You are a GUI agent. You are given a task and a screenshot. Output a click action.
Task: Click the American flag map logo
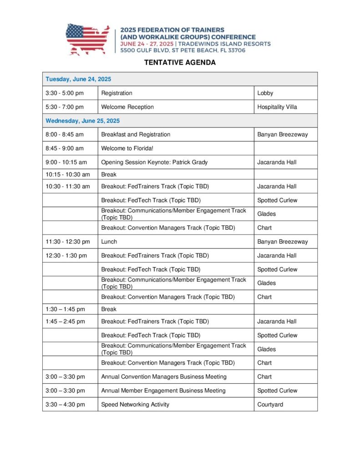click(x=87, y=39)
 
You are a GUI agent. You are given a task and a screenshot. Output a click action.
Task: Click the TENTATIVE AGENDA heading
click(x=180, y=63)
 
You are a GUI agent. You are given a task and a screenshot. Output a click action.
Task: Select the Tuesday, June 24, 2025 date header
click(x=78, y=79)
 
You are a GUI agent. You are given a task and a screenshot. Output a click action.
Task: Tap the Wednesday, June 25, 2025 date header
click(x=82, y=121)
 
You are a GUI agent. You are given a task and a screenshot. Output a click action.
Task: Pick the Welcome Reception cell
click(x=127, y=107)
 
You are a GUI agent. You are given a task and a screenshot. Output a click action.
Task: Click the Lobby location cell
click(x=265, y=93)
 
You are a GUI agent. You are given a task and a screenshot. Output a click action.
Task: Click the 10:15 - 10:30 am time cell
click(x=68, y=174)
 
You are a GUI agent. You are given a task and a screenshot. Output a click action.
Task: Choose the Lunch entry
click(x=109, y=242)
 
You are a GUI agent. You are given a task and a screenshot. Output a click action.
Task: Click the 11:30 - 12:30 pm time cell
click(x=68, y=242)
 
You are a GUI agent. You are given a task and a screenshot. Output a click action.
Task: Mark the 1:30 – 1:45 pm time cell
click(x=65, y=309)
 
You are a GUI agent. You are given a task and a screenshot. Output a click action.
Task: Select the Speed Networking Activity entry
click(x=135, y=404)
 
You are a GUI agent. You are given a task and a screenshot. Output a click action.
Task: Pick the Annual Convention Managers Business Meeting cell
click(x=164, y=376)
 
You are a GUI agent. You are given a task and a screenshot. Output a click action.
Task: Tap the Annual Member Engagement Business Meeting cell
click(x=163, y=390)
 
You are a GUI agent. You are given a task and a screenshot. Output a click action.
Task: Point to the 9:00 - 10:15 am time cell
click(x=66, y=162)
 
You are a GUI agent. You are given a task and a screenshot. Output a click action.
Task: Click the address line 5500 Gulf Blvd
click(x=183, y=51)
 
